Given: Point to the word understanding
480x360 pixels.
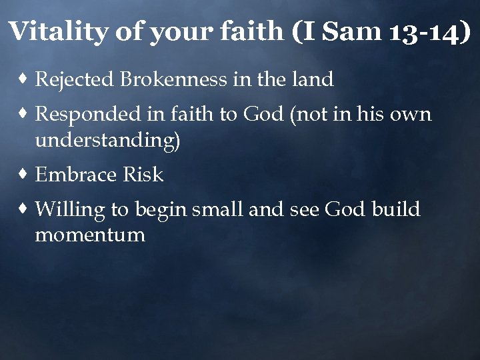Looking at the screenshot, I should point(107,141).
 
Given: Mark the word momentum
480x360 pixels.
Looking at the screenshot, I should point(90,235).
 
